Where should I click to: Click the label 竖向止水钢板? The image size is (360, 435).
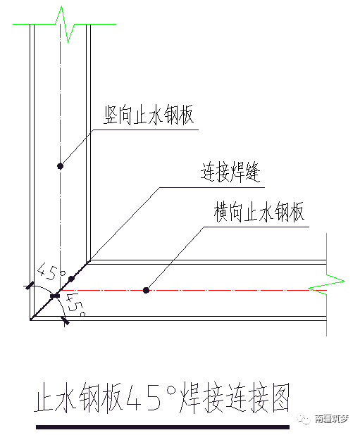coord(149,115)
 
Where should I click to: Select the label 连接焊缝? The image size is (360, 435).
coord(230,172)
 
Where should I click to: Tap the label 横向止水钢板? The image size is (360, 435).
coord(259,212)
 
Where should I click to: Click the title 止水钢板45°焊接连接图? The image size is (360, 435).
coord(161,397)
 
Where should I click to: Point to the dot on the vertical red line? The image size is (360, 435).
coord(60,166)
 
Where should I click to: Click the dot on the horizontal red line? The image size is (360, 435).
coord(146,290)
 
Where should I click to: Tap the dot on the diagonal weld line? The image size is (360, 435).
coord(71,279)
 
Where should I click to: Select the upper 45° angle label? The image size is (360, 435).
coord(51,272)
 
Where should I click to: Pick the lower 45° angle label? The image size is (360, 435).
coord(75,305)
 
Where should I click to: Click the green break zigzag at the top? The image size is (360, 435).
coord(64,25)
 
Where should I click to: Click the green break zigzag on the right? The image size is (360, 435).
coord(327,284)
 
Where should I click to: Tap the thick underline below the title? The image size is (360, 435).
coord(163,427)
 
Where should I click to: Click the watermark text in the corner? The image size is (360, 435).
coord(331,419)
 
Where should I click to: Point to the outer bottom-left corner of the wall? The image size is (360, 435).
coord(30,320)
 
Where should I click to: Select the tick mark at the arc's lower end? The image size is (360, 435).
coord(66,321)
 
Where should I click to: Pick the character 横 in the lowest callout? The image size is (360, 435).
coord(221,212)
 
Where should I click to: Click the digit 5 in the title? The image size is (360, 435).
coord(154,397)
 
